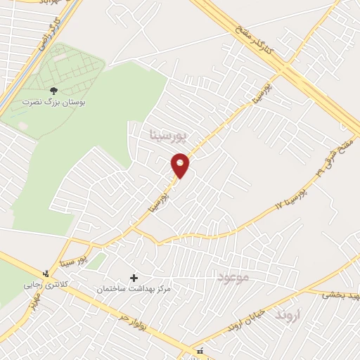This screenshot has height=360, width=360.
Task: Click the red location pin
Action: coord(181,165)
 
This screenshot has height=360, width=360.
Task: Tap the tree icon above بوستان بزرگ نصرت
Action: coord(53,90)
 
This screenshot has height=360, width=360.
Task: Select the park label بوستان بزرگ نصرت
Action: coord(53,102)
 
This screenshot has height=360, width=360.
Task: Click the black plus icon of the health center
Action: coord(134,278)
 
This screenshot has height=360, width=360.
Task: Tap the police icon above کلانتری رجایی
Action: coord(46,272)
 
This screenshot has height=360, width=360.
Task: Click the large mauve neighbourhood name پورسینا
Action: coord(168,132)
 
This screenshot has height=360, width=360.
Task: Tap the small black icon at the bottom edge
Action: coord(200,351)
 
